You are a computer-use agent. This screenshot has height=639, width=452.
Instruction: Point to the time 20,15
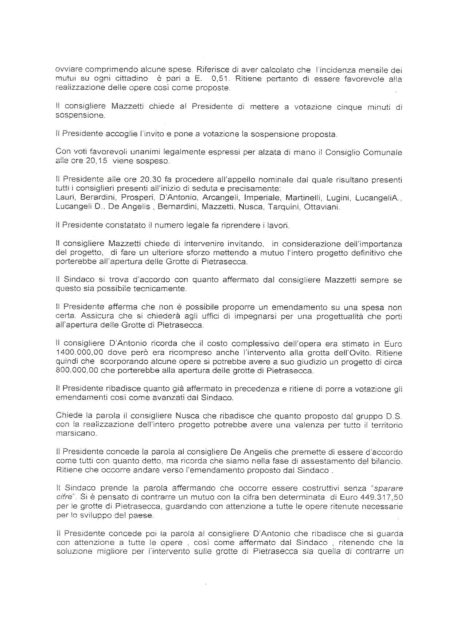tap(97, 161)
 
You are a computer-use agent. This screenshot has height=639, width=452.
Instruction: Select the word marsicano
tap(76, 434)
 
